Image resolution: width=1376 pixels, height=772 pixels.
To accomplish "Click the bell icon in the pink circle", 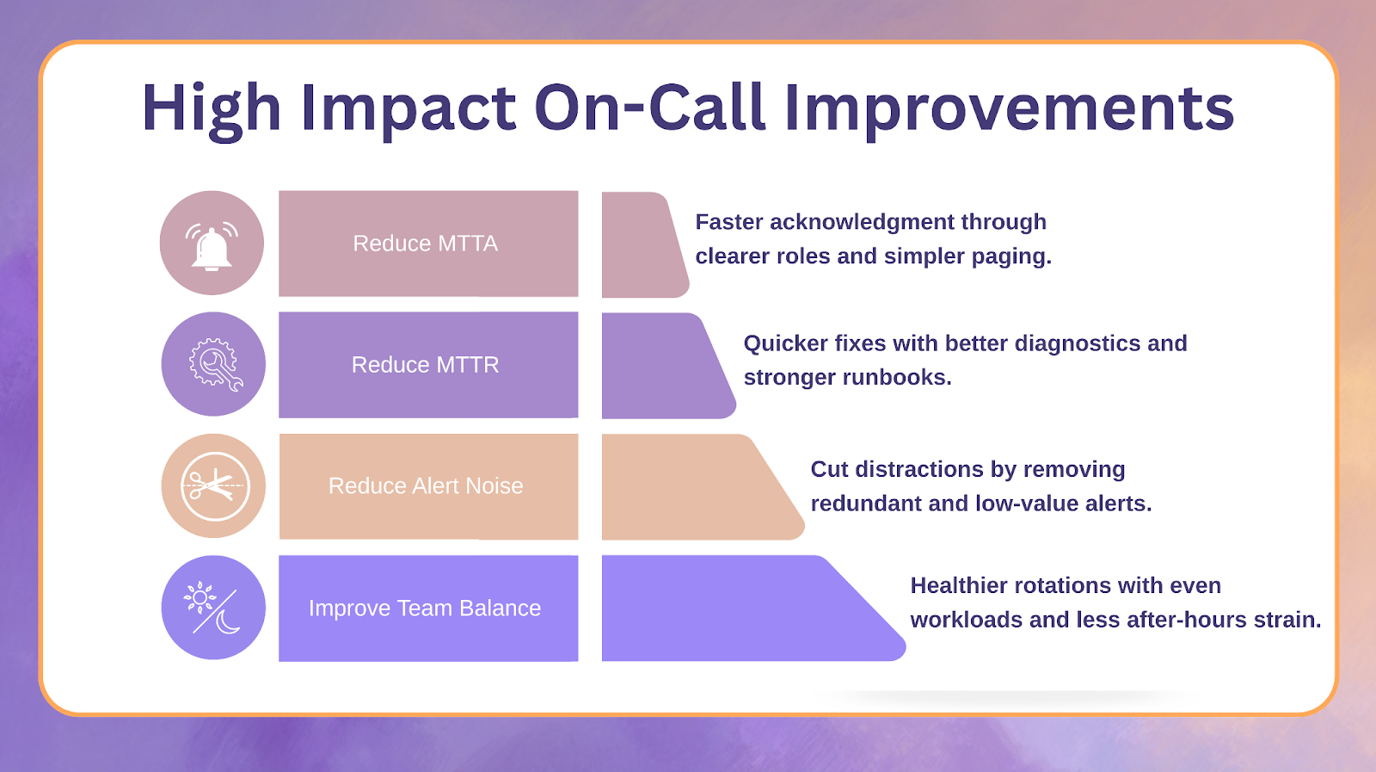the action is (x=212, y=246).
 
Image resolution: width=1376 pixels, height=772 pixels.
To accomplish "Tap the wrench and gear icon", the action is (x=216, y=365).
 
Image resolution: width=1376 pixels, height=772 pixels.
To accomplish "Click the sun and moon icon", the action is (x=212, y=608).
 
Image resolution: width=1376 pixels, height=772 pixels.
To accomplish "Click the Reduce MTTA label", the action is (x=425, y=244).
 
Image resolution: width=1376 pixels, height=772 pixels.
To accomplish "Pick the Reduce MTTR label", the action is (x=425, y=365).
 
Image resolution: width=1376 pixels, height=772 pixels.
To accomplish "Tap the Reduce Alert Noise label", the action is (x=426, y=485).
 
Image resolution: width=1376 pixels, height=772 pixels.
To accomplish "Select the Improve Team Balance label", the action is (x=425, y=608).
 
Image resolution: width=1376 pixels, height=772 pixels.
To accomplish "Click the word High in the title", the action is (x=212, y=108).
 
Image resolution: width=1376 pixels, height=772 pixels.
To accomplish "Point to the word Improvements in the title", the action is (x=1010, y=108).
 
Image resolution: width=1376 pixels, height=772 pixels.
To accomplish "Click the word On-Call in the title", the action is (x=650, y=108).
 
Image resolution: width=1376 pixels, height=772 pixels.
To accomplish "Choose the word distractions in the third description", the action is (x=919, y=469).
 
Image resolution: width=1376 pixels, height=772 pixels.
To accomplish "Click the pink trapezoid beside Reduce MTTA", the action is (x=641, y=244).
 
